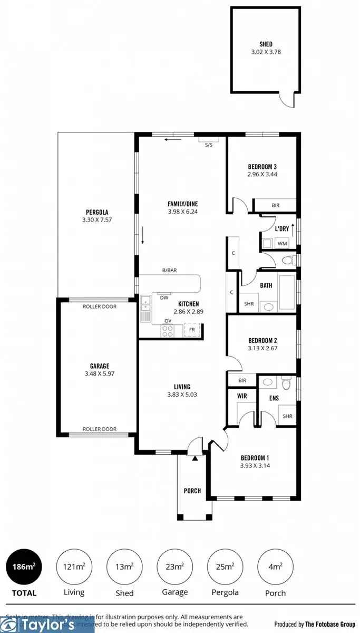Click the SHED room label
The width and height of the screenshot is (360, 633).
(x=266, y=44)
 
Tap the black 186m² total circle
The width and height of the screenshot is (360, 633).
(x=24, y=567)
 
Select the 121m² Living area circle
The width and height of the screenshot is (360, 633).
(x=74, y=567)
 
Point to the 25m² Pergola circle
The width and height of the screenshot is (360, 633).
(x=225, y=567)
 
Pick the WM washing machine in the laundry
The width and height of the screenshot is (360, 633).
(x=282, y=244)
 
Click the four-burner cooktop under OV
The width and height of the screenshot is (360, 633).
(x=168, y=331)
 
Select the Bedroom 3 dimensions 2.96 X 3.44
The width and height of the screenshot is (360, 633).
(x=262, y=174)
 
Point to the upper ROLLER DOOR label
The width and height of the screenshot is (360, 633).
(x=100, y=306)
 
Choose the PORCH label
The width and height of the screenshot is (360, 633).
(x=192, y=491)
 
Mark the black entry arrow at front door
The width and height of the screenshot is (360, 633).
(x=194, y=458)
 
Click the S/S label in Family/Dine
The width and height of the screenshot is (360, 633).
(x=208, y=146)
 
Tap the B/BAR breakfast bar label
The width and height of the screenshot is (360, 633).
(x=169, y=270)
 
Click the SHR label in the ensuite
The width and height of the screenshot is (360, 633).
(x=287, y=416)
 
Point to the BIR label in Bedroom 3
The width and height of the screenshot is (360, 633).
(x=275, y=206)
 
